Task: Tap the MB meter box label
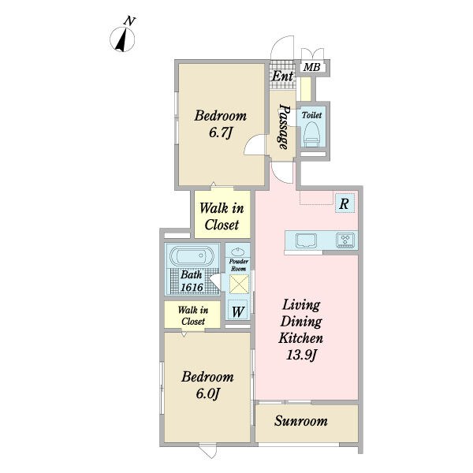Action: [x=311, y=67]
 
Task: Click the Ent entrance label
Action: [x=282, y=76]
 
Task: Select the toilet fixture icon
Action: [x=311, y=134]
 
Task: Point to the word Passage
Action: [x=284, y=127]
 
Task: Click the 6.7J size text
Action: [x=221, y=132]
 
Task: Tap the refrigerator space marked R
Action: [x=345, y=204]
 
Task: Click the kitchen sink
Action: [x=306, y=240]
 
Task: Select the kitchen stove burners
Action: [x=345, y=240]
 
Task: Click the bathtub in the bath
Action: [x=192, y=257]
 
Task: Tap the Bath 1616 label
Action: [x=192, y=281]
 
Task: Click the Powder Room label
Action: [x=238, y=265]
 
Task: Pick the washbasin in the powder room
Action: [x=238, y=251]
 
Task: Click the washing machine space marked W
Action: [x=238, y=311]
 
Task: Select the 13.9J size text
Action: [x=300, y=355]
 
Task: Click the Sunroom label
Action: [x=301, y=421]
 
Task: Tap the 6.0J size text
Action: [x=207, y=393]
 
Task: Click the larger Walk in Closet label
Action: [x=222, y=216]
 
